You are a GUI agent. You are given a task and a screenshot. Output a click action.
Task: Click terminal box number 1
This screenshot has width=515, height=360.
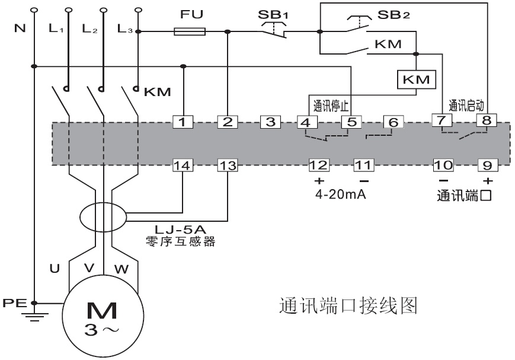(x=184, y=122)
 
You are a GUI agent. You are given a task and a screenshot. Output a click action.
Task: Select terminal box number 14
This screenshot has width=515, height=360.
(x=184, y=165)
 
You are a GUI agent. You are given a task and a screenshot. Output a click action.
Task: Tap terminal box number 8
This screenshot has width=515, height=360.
(x=486, y=122)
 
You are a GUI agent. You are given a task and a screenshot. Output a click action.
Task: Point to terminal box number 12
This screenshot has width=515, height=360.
(x=319, y=165)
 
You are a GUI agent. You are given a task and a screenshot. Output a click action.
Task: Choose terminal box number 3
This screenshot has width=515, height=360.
(x=270, y=122)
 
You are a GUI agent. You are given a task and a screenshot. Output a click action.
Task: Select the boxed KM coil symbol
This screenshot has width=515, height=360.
(x=417, y=79)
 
